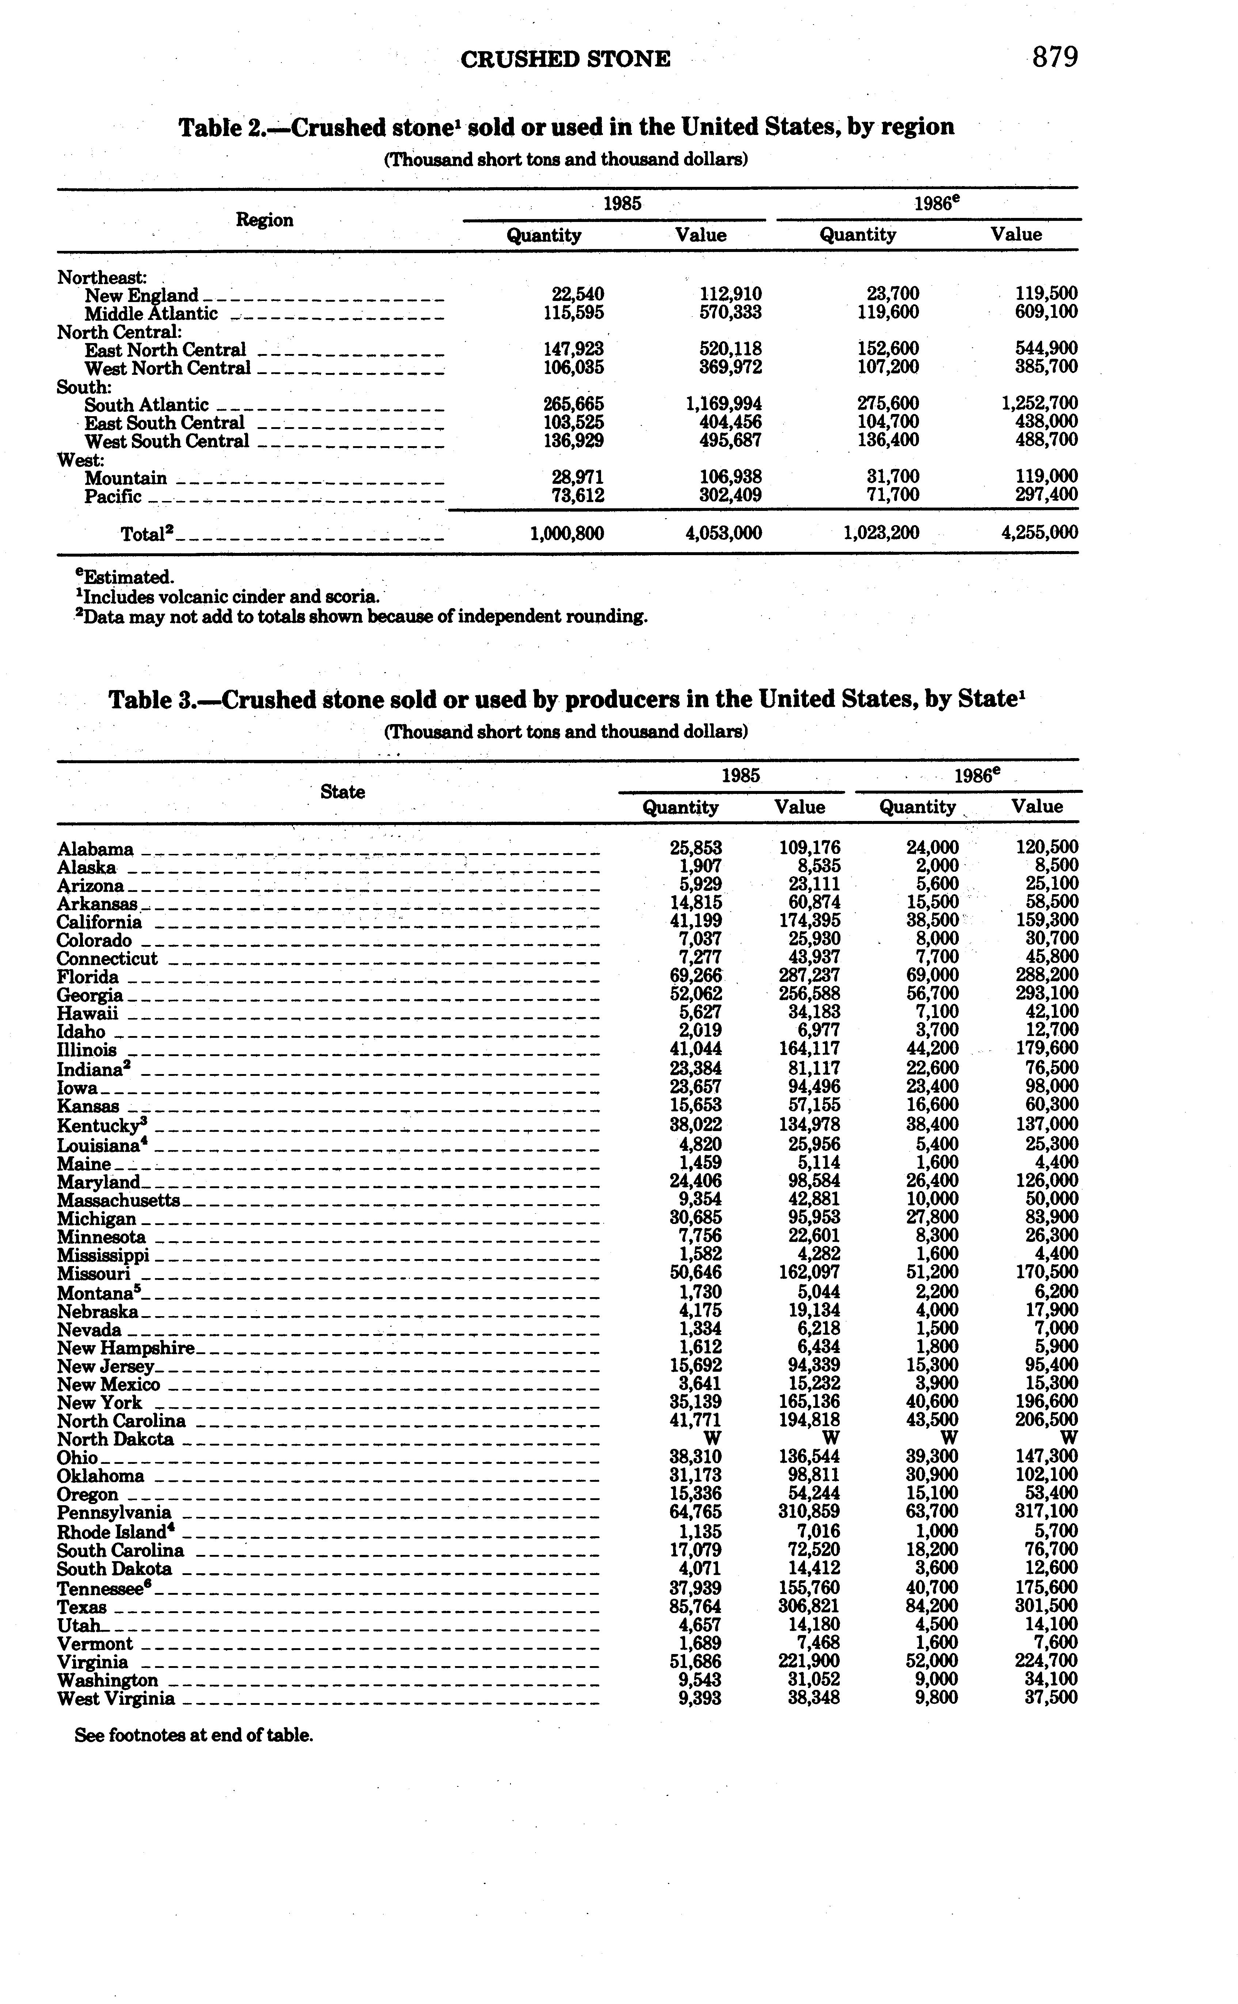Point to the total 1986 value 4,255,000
(x=1039, y=532)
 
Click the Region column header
(x=265, y=219)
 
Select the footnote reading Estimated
(x=125, y=577)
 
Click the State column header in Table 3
(x=342, y=791)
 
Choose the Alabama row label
(x=95, y=849)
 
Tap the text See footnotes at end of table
(x=194, y=1735)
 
